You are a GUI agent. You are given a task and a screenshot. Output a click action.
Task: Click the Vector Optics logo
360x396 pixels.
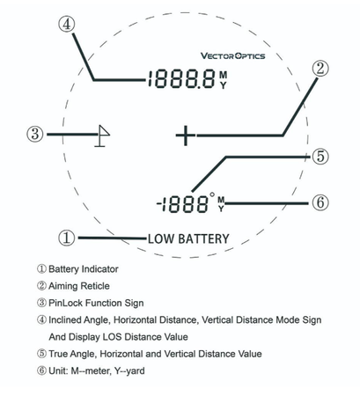coord(232,55)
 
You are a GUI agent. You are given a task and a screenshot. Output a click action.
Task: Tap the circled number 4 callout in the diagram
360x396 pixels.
coord(67,24)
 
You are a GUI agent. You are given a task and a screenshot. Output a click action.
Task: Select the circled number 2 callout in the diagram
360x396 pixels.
coord(320,69)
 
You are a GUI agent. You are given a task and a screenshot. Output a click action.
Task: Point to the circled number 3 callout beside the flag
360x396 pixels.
coord(35,134)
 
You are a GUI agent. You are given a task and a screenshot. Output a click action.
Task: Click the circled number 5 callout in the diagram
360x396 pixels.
coord(320,156)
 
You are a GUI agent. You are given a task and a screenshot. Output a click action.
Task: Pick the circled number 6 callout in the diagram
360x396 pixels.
coord(320,202)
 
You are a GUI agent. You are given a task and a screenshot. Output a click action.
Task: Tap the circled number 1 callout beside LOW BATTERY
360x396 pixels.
coord(67,238)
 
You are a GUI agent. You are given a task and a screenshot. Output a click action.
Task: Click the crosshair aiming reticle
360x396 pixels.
coord(186,136)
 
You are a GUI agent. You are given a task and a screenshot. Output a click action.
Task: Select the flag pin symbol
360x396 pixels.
coord(102,136)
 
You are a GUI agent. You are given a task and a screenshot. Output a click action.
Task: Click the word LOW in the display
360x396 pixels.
coord(161,238)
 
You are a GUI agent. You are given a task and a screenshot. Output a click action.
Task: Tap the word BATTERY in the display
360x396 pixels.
coord(203,238)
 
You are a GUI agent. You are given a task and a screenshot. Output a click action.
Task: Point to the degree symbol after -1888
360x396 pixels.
coord(212,194)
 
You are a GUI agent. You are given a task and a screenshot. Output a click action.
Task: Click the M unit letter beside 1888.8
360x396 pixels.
coord(224,75)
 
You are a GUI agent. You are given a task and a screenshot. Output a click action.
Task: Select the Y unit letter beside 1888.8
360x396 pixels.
coord(224,85)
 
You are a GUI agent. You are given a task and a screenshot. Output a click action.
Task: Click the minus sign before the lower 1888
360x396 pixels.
coord(159,203)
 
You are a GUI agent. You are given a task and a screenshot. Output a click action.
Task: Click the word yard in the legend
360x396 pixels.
coord(134,371)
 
